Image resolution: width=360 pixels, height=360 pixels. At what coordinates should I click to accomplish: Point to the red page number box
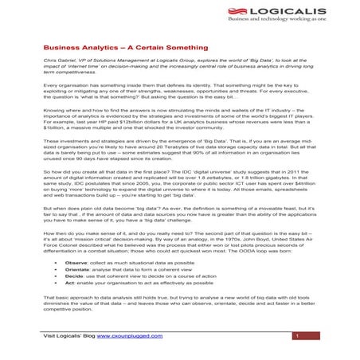[295, 336]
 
